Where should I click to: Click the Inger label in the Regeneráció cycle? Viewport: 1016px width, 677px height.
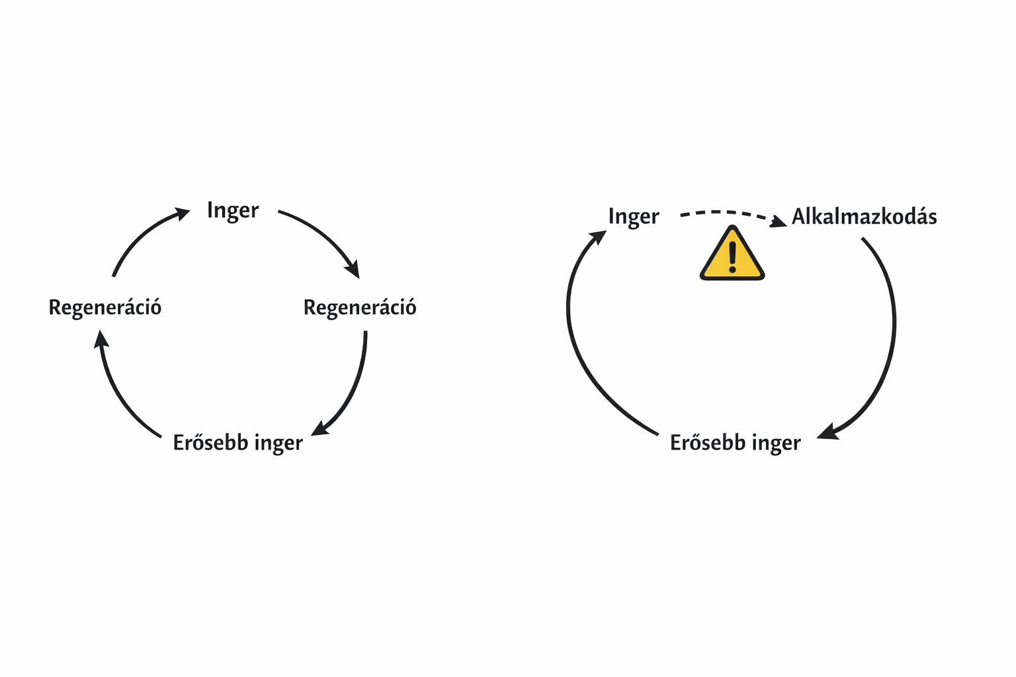click(233, 211)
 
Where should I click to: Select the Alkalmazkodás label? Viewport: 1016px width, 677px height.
click(865, 217)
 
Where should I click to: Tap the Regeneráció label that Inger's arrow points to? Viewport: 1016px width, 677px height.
click(360, 308)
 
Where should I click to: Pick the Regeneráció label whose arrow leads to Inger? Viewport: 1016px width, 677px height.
click(105, 308)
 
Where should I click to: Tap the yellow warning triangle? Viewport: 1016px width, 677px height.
click(732, 253)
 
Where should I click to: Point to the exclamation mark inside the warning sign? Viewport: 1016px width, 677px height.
click(732, 257)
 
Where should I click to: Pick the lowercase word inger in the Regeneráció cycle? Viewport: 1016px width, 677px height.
click(278, 444)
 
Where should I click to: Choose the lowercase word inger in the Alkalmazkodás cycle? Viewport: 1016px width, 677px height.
click(776, 444)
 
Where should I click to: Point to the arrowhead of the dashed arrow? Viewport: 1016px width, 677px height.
click(779, 221)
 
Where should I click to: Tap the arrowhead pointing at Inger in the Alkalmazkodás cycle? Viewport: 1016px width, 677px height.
click(598, 237)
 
